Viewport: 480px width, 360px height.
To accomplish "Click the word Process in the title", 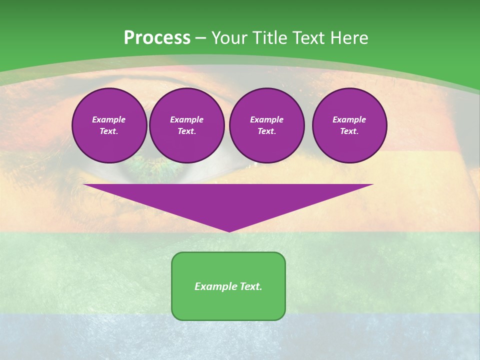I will (x=157, y=38).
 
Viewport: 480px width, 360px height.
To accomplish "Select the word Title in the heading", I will (x=270, y=38).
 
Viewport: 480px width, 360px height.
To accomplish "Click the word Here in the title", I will (x=348, y=38).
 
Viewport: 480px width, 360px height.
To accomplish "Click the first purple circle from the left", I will (x=109, y=125).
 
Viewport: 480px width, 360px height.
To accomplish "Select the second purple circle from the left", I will (x=186, y=125).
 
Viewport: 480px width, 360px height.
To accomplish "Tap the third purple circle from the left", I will (x=266, y=125).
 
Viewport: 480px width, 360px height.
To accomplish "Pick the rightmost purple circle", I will (x=349, y=125).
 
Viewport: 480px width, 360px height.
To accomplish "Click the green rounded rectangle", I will (x=228, y=286).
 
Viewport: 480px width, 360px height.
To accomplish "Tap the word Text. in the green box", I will (x=250, y=286).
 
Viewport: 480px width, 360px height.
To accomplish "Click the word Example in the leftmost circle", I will (x=109, y=119).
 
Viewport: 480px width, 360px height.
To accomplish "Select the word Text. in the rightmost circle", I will (x=349, y=131).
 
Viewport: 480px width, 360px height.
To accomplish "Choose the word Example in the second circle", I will (x=186, y=119).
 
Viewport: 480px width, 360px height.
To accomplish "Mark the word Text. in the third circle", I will (x=266, y=131).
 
